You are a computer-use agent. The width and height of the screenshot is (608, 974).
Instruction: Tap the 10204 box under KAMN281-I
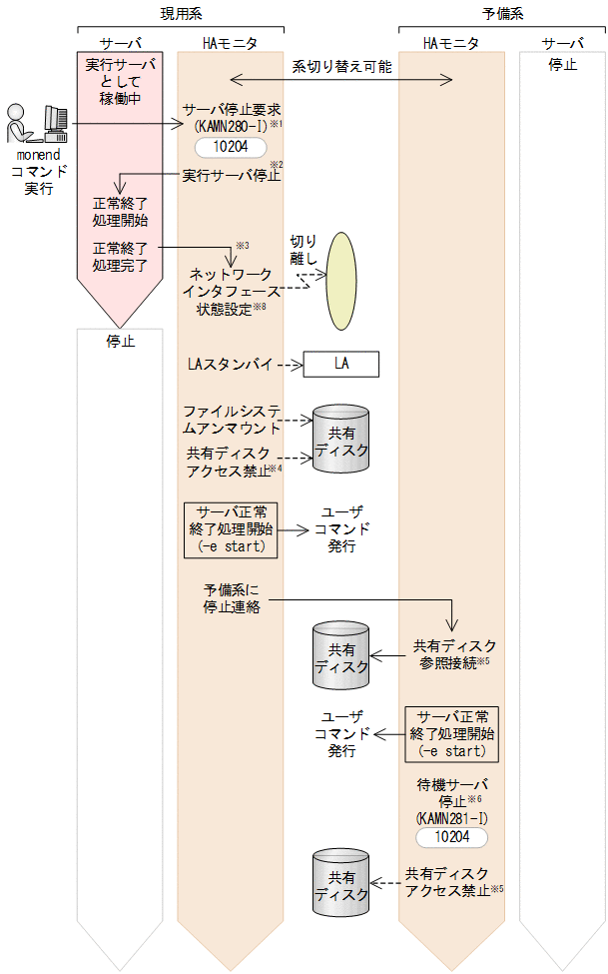452,837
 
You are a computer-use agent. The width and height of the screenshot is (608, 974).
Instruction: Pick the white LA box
341,364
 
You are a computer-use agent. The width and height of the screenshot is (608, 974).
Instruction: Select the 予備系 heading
502,13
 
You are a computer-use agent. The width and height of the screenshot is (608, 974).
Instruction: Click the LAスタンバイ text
230,364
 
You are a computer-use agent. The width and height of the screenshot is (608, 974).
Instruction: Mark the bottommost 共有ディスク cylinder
341,881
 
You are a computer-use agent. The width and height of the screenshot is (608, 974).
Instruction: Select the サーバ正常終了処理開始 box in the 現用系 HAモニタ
231,528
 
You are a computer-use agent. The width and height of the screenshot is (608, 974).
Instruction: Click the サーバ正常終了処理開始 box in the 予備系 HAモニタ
452,733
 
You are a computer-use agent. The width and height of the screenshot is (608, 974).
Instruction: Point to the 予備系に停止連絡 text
231,598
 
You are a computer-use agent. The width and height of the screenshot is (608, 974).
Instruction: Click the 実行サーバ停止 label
232,176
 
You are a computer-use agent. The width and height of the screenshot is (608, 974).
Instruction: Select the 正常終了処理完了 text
120,256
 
